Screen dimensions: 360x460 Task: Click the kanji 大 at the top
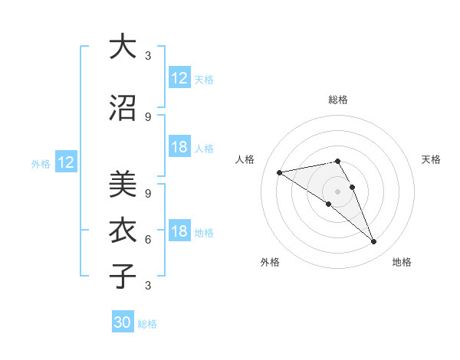(123, 47)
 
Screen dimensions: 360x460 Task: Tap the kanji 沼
(123, 108)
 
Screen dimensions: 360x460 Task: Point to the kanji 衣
(123, 230)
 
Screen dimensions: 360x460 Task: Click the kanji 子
(123, 276)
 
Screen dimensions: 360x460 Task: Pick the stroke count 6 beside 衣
(148, 239)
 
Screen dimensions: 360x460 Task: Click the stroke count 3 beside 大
(148, 56)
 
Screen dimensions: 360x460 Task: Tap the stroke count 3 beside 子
(148, 286)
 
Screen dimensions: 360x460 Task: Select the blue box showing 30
(123, 322)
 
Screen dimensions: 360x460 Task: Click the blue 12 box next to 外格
(66, 162)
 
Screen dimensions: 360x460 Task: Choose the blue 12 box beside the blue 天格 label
(179, 78)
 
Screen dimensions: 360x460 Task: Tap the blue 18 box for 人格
(179, 147)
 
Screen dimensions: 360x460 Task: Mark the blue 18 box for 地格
(179, 231)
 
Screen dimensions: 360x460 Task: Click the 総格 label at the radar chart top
(338, 100)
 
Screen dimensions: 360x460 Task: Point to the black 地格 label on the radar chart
(402, 262)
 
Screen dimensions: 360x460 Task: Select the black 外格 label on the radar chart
(270, 262)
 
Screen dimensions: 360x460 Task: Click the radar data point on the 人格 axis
(280, 172)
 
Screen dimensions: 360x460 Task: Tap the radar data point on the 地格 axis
(373, 242)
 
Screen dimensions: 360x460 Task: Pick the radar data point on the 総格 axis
(338, 161)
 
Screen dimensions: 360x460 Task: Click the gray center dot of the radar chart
(338, 191)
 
